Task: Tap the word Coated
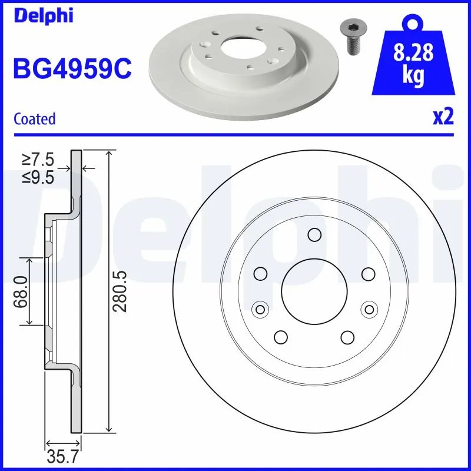point(34,119)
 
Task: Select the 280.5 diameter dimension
point(120,291)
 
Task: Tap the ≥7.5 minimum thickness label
point(38,159)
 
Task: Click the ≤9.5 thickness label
point(38,176)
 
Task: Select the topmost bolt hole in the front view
point(314,235)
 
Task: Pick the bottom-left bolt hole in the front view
point(281,337)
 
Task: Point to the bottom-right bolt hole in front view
point(348,337)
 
